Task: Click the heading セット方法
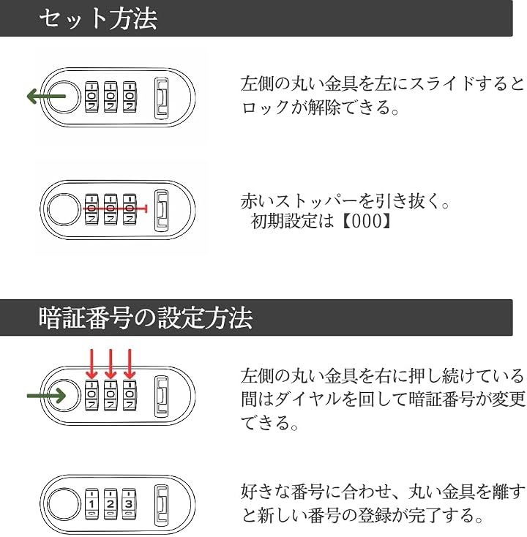tap(98, 18)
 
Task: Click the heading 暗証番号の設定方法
tap(146, 318)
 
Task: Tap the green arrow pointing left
tap(46, 97)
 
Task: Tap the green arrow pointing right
tap(46, 396)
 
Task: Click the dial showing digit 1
tap(91, 503)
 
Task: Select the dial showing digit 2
tap(111, 503)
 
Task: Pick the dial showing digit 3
tap(129, 503)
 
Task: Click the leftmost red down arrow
tap(91, 364)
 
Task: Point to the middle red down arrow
tap(111, 364)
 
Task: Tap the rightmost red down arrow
tap(130, 364)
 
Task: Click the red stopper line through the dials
tap(116, 209)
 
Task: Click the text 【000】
tap(367, 222)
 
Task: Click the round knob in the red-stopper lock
tap(63, 209)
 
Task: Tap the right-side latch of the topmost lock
tap(161, 98)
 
